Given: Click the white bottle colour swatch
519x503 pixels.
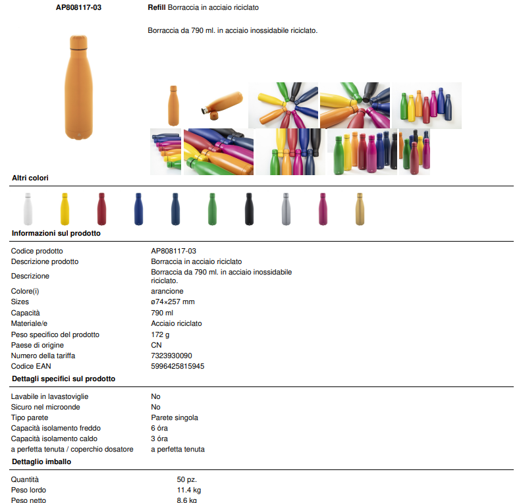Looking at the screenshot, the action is pyautogui.click(x=28, y=209).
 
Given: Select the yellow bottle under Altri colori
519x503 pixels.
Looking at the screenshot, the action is pyautogui.click(x=65, y=209).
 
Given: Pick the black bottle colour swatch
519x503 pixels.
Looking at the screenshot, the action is pyautogui.click(x=249, y=209).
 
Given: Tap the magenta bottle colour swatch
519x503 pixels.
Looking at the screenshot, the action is pyautogui.click(x=323, y=209).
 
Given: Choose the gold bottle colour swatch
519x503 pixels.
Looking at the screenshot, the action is pyautogui.click(x=360, y=209).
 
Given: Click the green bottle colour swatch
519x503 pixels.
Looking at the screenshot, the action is pyautogui.click(x=213, y=209).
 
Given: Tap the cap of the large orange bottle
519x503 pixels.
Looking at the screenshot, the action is pyautogui.click(x=79, y=41).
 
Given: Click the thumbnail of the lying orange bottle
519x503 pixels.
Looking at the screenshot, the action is pyautogui.click(x=222, y=105).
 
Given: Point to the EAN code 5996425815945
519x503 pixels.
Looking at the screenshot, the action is pyautogui.click(x=178, y=366).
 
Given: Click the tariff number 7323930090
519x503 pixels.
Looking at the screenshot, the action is pyautogui.click(x=171, y=356).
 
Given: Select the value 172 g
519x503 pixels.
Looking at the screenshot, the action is pyautogui.click(x=160, y=334).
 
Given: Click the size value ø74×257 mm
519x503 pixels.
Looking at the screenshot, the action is pyautogui.click(x=173, y=302).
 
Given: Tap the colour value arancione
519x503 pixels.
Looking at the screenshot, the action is pyautogui.click(x=167, y=291).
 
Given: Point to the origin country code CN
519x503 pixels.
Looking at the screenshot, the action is pyautogui.click(x=156, y=345).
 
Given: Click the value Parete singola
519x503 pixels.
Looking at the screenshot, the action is pyautogui.click(x=175, y=417).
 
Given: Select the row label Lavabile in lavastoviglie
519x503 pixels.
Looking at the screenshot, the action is pyautogui.click(x=49, y=396).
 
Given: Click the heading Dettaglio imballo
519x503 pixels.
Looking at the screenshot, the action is pyautogui.click(x=41, y=462).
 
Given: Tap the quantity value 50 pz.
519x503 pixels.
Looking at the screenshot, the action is pyautogui.click(x=186, y=479).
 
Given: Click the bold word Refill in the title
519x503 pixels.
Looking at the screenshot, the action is pyautogui.click(x=157, y=7).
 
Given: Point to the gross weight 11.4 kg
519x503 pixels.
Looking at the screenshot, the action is pyautogui.click(x=188, y=490).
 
